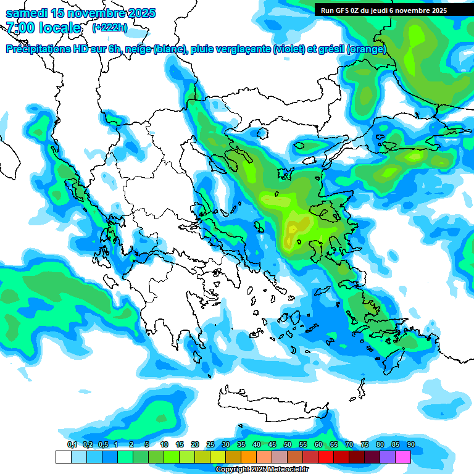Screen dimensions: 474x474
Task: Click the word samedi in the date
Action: click(x=27, y=13)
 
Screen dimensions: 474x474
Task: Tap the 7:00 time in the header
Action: click(x=22, y=28)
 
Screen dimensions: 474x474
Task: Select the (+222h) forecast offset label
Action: click(x=110, y=28)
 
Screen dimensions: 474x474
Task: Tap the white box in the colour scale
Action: click(x=63, y=457)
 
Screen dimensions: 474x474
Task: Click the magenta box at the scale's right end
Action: click(x=403, y=457)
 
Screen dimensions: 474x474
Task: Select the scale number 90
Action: click(x=410, y=444)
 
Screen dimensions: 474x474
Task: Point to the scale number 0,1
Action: click(x=72, y=444)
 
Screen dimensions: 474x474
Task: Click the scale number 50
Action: click(x=288, y=444)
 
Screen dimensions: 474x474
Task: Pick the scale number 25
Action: click(x=210, y=444)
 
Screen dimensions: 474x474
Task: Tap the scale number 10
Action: click(x=164, y=444)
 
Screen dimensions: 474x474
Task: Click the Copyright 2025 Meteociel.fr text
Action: click(x=262, y=470)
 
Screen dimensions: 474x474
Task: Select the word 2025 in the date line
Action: click(x=138, y=13)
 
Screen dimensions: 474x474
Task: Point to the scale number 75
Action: click(x=365, y=444)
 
